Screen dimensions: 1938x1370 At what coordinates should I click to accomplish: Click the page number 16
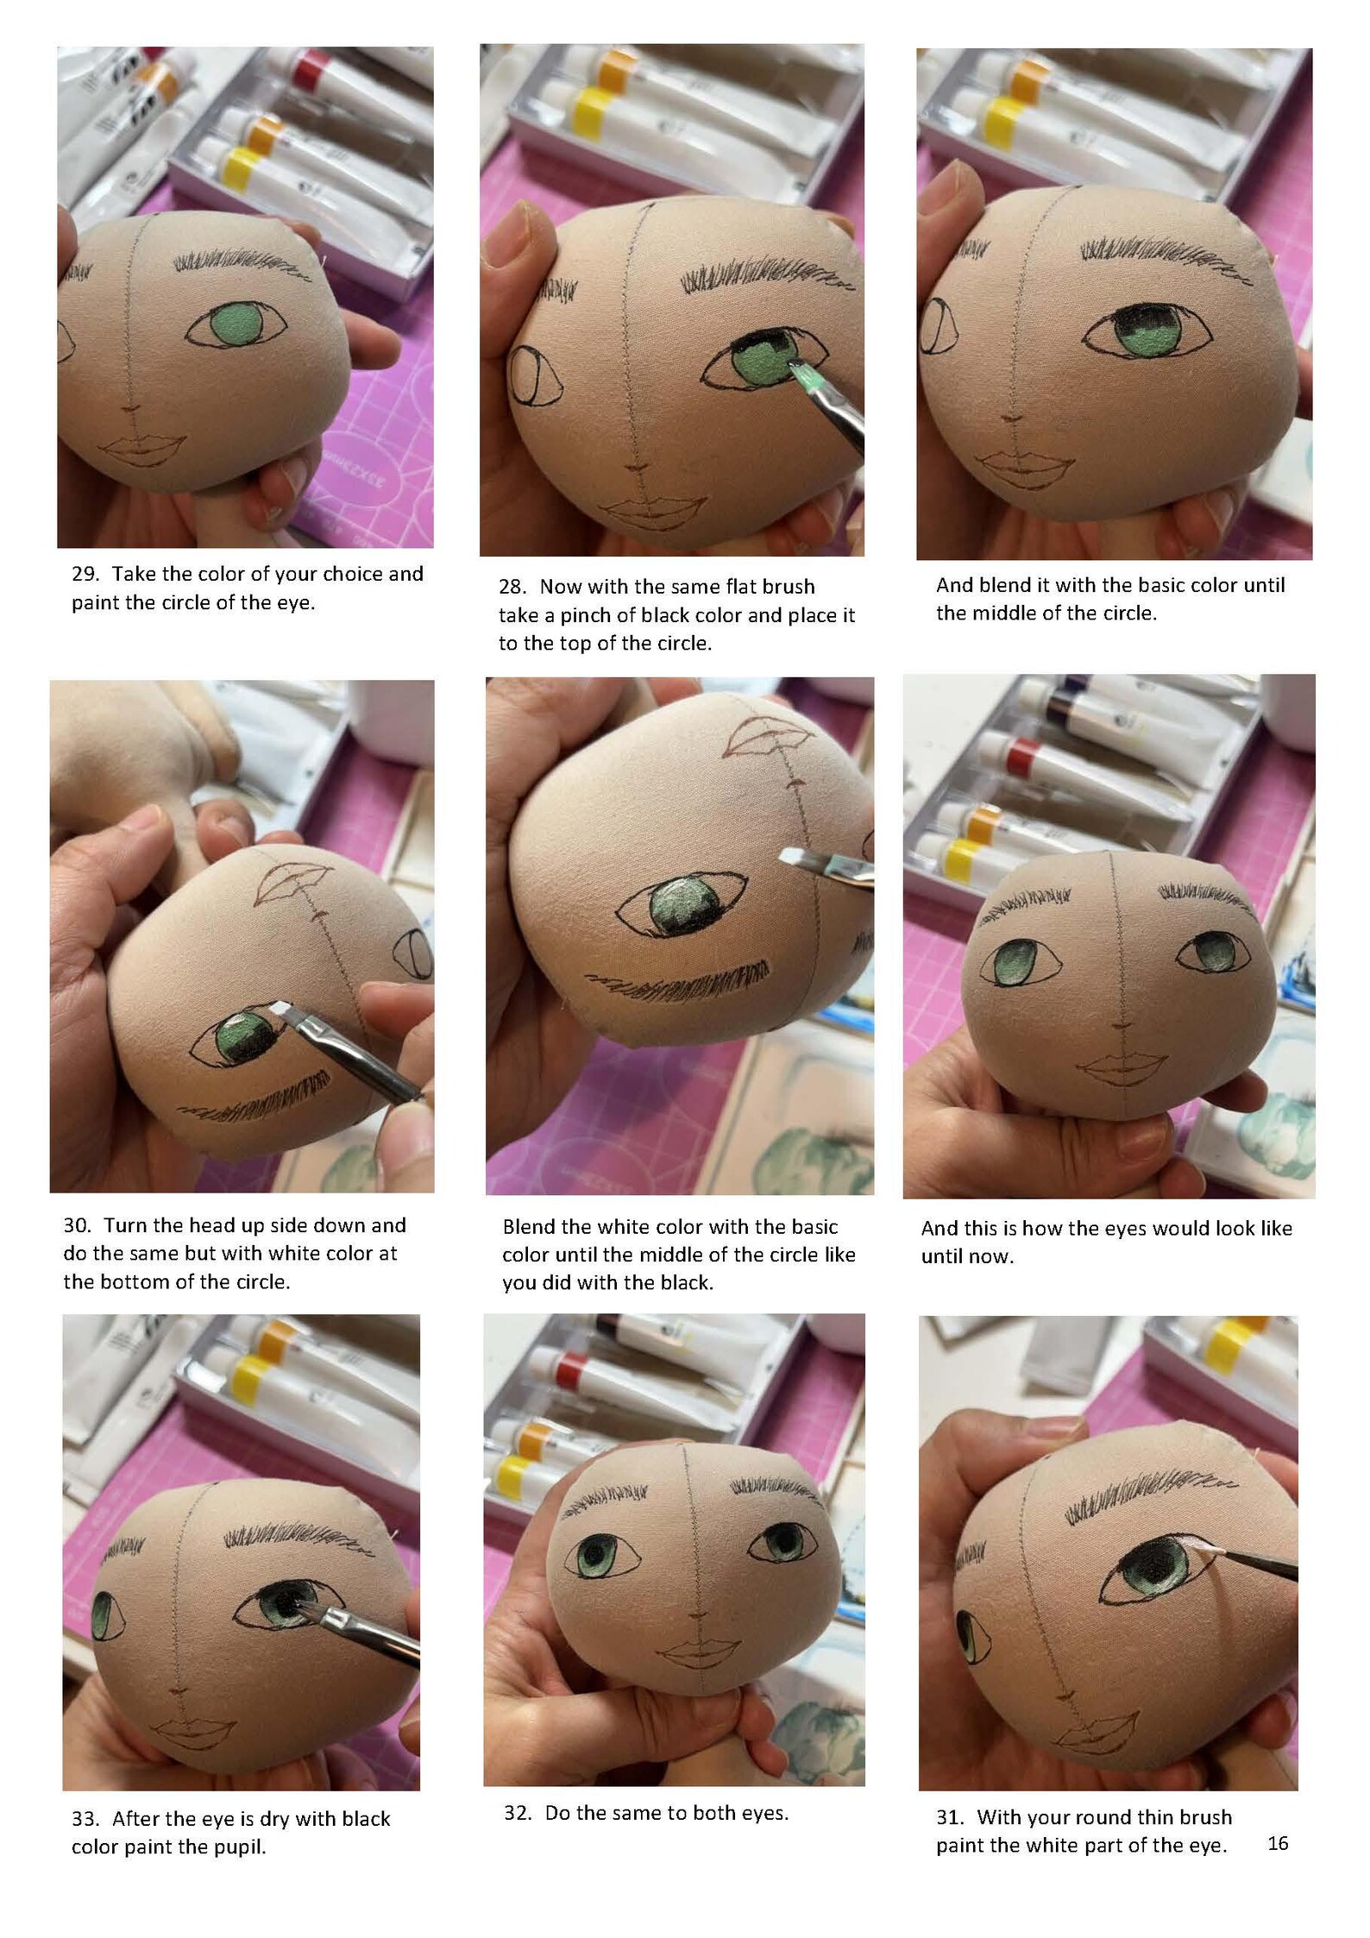coord(1277,1842)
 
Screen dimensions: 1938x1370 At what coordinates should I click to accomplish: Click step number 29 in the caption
coord(84,574)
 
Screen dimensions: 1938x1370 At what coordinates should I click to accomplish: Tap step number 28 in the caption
coord(512,587)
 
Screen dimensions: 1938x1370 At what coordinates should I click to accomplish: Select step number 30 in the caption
coord(76,1225)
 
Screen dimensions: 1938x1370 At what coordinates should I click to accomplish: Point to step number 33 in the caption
coord(84,1818)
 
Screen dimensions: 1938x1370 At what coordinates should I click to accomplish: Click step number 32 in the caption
coord(517,1812)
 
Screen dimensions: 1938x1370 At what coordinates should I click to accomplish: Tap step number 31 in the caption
coord(949,1816)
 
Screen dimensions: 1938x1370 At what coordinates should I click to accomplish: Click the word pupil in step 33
coord(241,1847)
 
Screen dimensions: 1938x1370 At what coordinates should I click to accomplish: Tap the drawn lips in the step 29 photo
coord(142,449)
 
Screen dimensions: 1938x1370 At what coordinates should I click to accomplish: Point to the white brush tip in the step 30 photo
coord(280,1008)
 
